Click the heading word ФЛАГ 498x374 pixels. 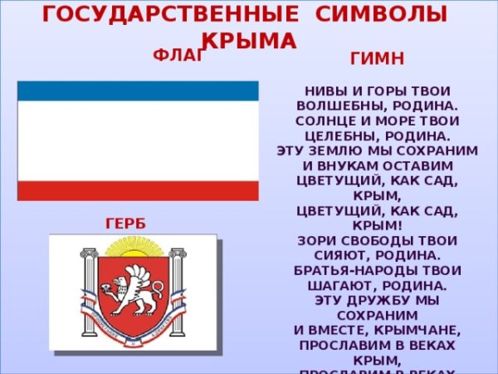[x=178, y=56]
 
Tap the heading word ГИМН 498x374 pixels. [x=378, y=59]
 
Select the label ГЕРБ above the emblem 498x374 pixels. [x=125, y=224]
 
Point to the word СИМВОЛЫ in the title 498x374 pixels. [x=378, y=14]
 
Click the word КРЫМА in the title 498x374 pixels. [x=249, y=39]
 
